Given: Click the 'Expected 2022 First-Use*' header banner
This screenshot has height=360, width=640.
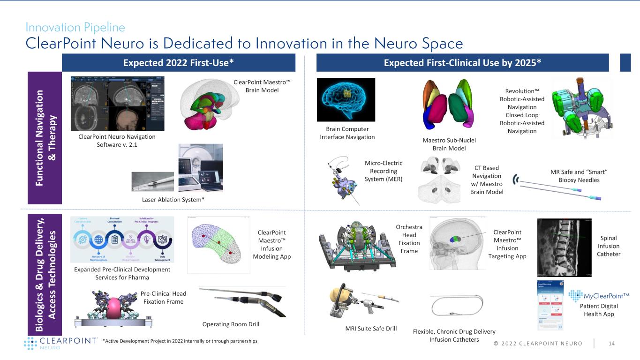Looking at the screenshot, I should (x=178, y=62).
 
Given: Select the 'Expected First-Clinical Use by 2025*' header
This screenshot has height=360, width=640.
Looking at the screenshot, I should (x=463, y=62).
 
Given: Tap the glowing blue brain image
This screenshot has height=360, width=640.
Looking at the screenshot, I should (x=346, y=100).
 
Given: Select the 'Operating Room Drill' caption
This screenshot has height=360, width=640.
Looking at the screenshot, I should (x=230, y=324).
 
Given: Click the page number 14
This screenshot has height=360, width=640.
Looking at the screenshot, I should (x=611, y=344).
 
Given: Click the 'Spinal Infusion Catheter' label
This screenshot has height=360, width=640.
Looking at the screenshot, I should (x=608, y=246).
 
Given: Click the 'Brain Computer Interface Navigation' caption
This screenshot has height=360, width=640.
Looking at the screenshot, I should (x=347, y=133).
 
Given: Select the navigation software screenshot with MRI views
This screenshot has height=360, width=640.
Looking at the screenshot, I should (x=118, y=103).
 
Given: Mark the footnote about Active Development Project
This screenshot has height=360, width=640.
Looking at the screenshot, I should (x=176, y=341).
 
